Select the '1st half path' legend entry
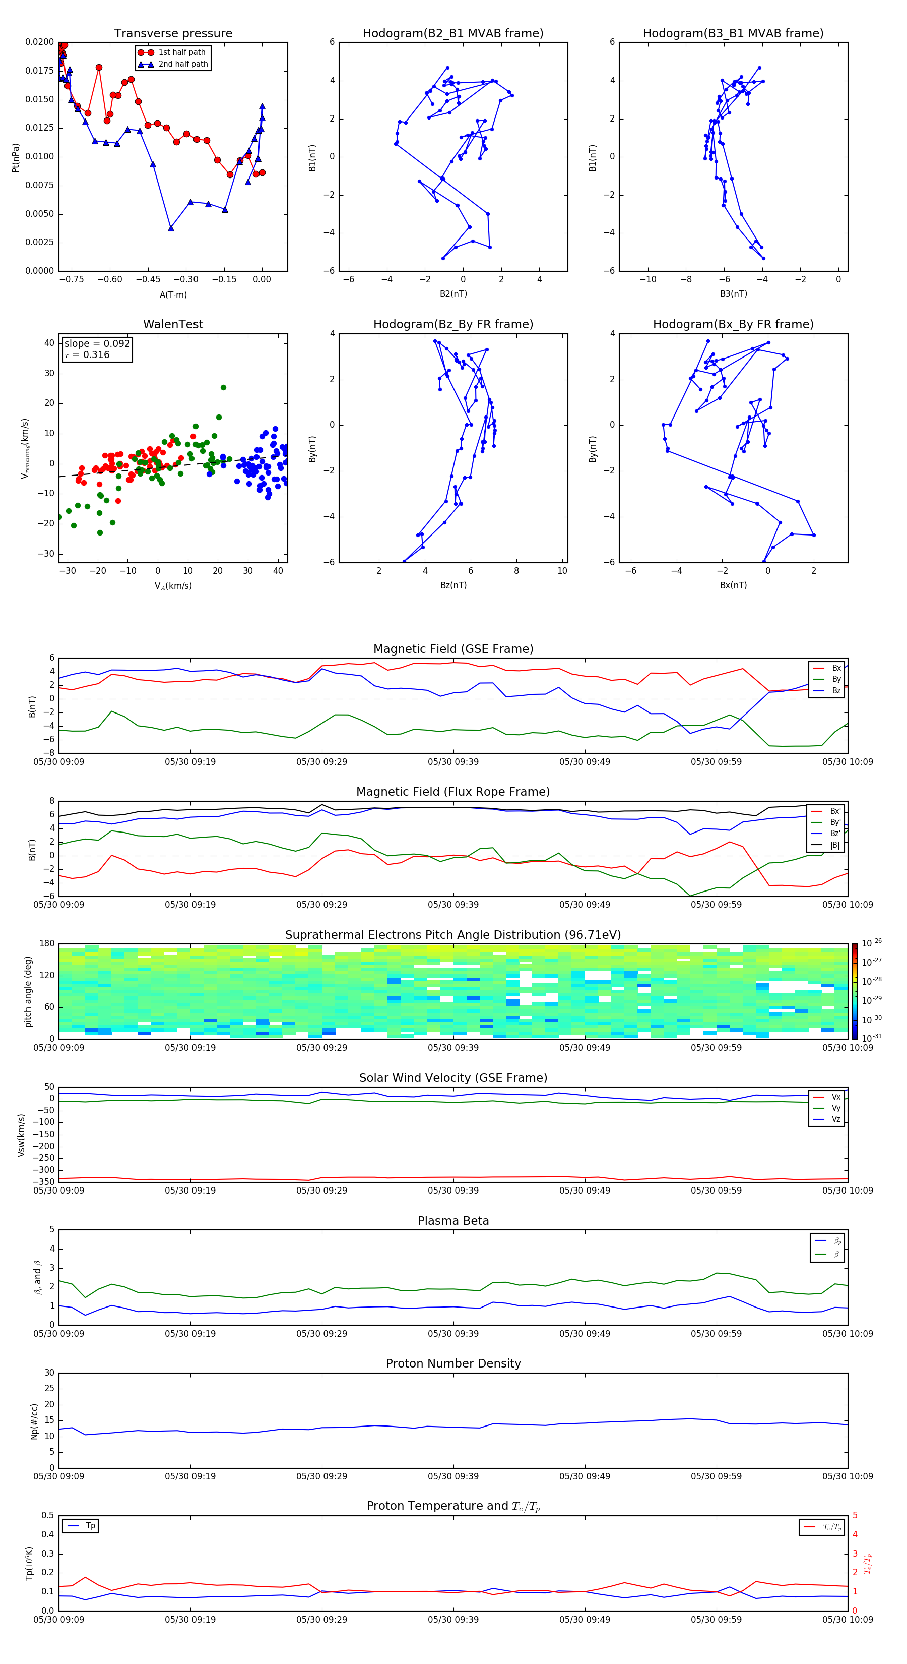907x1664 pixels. click(x=181, y=52)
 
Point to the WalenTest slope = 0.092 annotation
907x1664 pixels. click(x=97, y=344)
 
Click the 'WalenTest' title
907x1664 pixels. click(x=173, y=324)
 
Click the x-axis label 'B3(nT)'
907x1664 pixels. click(x=733, y=294)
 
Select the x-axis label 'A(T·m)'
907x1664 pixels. click(x=173, y=294)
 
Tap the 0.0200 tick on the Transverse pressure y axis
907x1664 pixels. click(x=39, y=42)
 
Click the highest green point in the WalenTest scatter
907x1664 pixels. click(x=223, y=388)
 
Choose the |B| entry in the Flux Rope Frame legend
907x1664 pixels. click(x=835, y=845)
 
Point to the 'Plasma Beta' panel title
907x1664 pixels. click(x=452, y=1221)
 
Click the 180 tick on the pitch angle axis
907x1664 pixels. click(x=46, y=944)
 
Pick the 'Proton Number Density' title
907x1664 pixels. click(x=452, y=1363)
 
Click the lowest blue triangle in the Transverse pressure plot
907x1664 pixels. click(x=170, y=228)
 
